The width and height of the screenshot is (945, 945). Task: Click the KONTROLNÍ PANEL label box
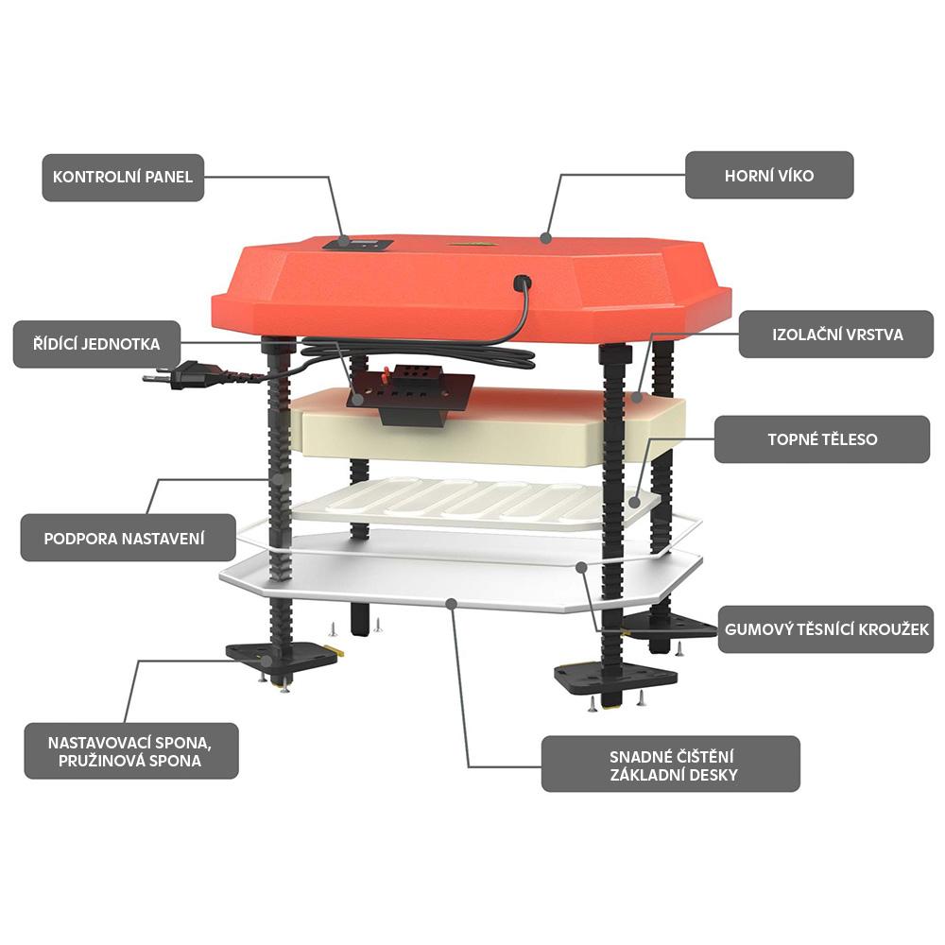pyautogui.click(x=123, y=178)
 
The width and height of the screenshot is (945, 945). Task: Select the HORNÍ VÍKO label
pyautogui.click(x=769, y=175)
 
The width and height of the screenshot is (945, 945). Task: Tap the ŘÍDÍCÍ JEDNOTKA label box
pyautogui.click(x=96, y=344)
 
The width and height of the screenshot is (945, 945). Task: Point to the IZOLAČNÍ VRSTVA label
pyautogui.click(x=836, y=335)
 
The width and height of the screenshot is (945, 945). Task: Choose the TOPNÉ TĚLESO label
pyautogui.click(x=822, y=439)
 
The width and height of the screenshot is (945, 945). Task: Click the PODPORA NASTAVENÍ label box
pyautogui.click(x=128, y=538)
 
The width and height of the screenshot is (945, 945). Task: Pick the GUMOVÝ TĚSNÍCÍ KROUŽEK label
pyautogui.click(x=826, y=629)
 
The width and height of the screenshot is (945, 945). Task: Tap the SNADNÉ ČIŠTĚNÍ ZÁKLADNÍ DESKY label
pyautogui.click(x=671, y=765)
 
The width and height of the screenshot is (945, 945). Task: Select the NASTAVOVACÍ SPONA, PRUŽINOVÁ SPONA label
pyautogui.click(x=130, y=751)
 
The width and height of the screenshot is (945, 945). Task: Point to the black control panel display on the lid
pyautogui.click(x=357, y=244)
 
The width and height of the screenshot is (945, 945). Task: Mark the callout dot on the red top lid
pyautogui.click(x=545, y=238)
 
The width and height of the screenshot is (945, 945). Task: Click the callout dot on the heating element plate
pyautogui.click(x=634, y=502)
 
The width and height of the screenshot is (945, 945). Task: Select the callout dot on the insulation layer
pyautogui.click(x=638, y=397)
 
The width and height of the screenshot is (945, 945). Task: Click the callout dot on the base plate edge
pyautogui.click(x=452, y=603)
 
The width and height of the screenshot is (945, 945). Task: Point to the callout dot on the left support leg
pyautogui.click(x=279, y=480)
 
